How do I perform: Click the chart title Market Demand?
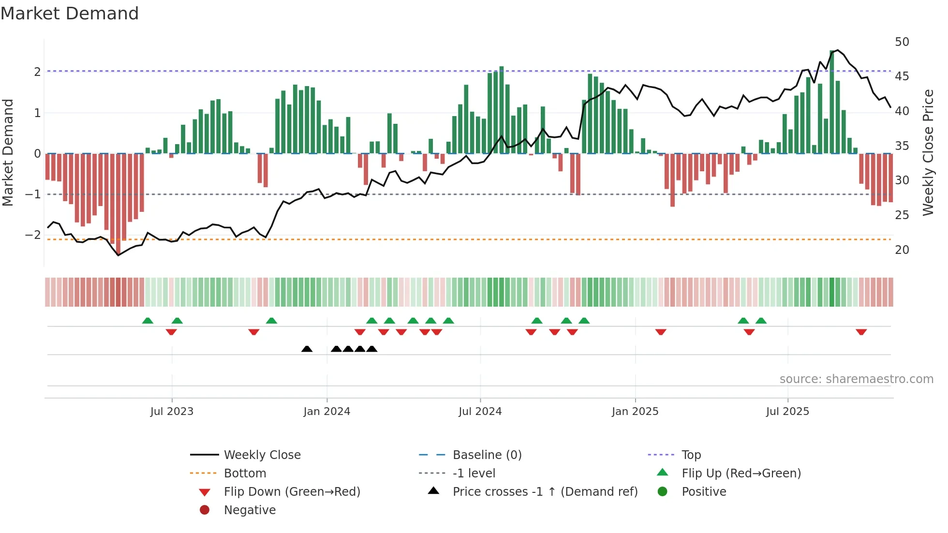point(70,14)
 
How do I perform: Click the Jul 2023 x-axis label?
point(172,412)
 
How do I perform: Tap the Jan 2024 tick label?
point(326,412)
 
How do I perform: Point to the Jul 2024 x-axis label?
point(480,412)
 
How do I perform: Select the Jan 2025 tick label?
point(635,412)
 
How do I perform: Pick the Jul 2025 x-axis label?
point(787,412)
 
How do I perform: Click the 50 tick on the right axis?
point(902,42)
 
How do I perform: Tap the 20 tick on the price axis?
point(902,250)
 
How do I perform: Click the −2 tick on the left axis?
point(33,235)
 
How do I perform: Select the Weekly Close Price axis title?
point(928,152)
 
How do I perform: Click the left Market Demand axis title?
point(8,152)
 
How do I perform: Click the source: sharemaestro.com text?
point(856,379)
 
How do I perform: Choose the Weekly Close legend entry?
point(262,455)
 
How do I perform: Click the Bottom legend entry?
point(245,474)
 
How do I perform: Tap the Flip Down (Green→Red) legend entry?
point(292,492)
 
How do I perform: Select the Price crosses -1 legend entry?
point(545,492)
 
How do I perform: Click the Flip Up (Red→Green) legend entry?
point(741,474)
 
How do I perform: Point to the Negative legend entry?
point(250,510)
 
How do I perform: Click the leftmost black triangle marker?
point(307,349)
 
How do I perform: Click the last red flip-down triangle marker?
point(861,332)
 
